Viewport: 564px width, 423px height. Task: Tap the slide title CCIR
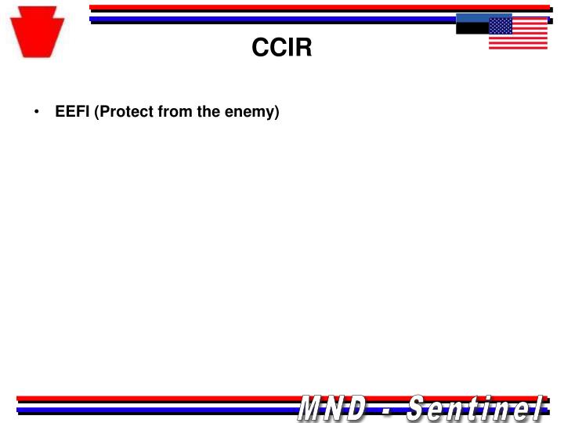281,49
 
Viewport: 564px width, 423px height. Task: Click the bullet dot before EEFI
37,112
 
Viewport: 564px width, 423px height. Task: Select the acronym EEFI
72,112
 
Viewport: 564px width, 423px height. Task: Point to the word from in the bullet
175,112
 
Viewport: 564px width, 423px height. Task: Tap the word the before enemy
208,112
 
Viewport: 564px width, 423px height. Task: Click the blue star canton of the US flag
501,26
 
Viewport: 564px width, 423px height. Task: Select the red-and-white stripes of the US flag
529,38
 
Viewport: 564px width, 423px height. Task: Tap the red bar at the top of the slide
313,8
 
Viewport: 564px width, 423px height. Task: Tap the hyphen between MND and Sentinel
387,408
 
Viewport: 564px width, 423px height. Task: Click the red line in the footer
157,399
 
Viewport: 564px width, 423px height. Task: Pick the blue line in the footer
157,409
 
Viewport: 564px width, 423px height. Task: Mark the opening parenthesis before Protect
96,112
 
